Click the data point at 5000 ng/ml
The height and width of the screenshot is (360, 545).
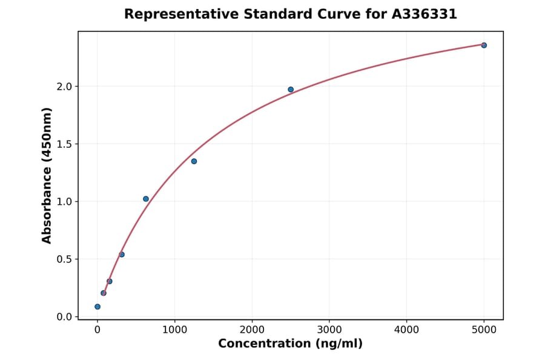(484, 45)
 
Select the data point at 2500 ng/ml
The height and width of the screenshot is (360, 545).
(291, 90)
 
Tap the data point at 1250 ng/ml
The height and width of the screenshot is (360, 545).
(194, 161)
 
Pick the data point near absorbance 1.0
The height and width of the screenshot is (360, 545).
(146, 199)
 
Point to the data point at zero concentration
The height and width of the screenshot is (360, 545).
(97, 307)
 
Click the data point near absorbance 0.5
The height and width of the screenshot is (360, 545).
(122, 255)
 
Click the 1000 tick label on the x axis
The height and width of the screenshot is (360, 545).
(174, 330)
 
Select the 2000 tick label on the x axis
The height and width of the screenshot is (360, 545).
(252, 330)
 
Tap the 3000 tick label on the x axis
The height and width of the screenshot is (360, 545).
(329, 330)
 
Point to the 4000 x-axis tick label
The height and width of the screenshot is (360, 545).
(406, 330)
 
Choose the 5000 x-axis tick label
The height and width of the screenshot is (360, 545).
(484, 330)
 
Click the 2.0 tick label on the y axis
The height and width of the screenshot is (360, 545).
(64, 87)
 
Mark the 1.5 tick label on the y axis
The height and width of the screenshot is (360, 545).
(64, 144)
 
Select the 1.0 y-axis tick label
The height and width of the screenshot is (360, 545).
(64, 202)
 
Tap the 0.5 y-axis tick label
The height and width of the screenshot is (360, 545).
(64, 259)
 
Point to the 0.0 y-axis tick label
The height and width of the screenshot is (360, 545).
(64, 317)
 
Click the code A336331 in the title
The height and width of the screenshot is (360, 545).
(424, 14)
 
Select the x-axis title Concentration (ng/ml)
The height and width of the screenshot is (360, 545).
(290, 344)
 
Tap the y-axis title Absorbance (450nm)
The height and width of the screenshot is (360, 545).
(47, 176)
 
